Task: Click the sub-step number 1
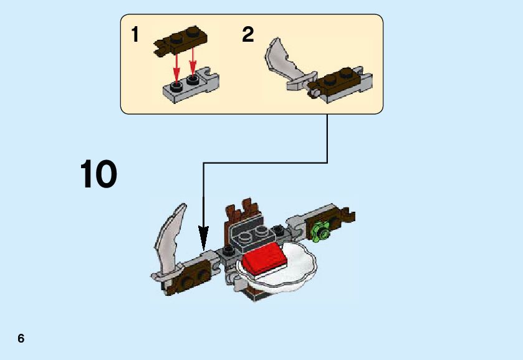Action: click(135, 35)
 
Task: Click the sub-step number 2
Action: click(248, 35)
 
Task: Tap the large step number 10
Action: click(98, 174)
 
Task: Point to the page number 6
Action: click(21, 339)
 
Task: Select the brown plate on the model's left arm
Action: click(187, 277)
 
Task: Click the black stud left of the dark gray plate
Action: click(229, 250)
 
